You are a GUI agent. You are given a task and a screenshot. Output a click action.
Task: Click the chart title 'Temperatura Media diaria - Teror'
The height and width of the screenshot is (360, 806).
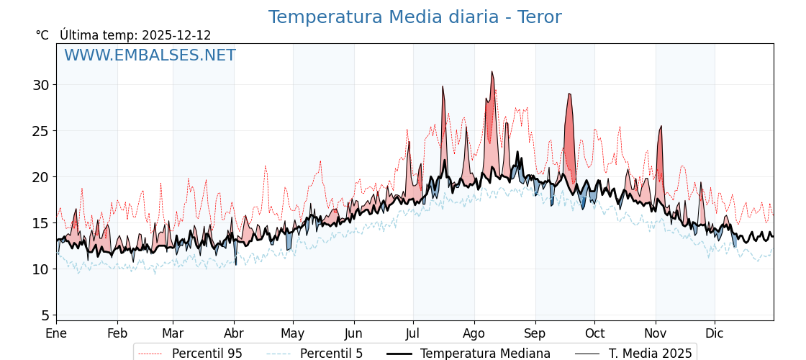[415, 17]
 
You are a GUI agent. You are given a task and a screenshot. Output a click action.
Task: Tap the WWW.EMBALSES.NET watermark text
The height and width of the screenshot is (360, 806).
[150, 55]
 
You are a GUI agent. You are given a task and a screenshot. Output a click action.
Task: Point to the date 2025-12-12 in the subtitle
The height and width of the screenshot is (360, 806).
[176, 35]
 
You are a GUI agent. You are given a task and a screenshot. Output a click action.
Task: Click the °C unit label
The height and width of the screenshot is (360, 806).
[42, 35]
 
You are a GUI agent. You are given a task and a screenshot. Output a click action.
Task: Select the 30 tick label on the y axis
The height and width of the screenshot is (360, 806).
[41, 85]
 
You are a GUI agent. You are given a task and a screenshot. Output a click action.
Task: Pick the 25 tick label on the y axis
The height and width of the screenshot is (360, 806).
[41, 131]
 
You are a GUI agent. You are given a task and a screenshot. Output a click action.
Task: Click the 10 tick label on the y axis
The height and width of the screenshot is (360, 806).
[41, 269]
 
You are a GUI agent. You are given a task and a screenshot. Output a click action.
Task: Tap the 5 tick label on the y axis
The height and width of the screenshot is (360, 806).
[45, 315]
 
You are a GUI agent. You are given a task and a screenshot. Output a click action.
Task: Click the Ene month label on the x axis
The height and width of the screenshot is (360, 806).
[56, 334]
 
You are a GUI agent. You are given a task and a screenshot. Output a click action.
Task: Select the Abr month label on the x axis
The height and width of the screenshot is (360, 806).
[234, 334]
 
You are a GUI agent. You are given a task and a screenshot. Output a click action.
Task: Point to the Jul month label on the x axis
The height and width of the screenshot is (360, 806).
[413, 334]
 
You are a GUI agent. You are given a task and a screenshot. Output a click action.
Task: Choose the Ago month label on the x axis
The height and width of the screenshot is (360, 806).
[474, 334]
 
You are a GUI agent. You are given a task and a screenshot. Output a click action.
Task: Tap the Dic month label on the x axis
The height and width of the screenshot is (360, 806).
[715, 334]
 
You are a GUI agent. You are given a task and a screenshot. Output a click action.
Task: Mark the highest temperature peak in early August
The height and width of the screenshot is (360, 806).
[492, 72]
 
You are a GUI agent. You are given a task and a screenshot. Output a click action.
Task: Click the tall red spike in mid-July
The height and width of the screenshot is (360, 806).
[443, 86]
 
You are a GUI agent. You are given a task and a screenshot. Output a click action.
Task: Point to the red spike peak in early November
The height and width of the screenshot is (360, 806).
[661, 127]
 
